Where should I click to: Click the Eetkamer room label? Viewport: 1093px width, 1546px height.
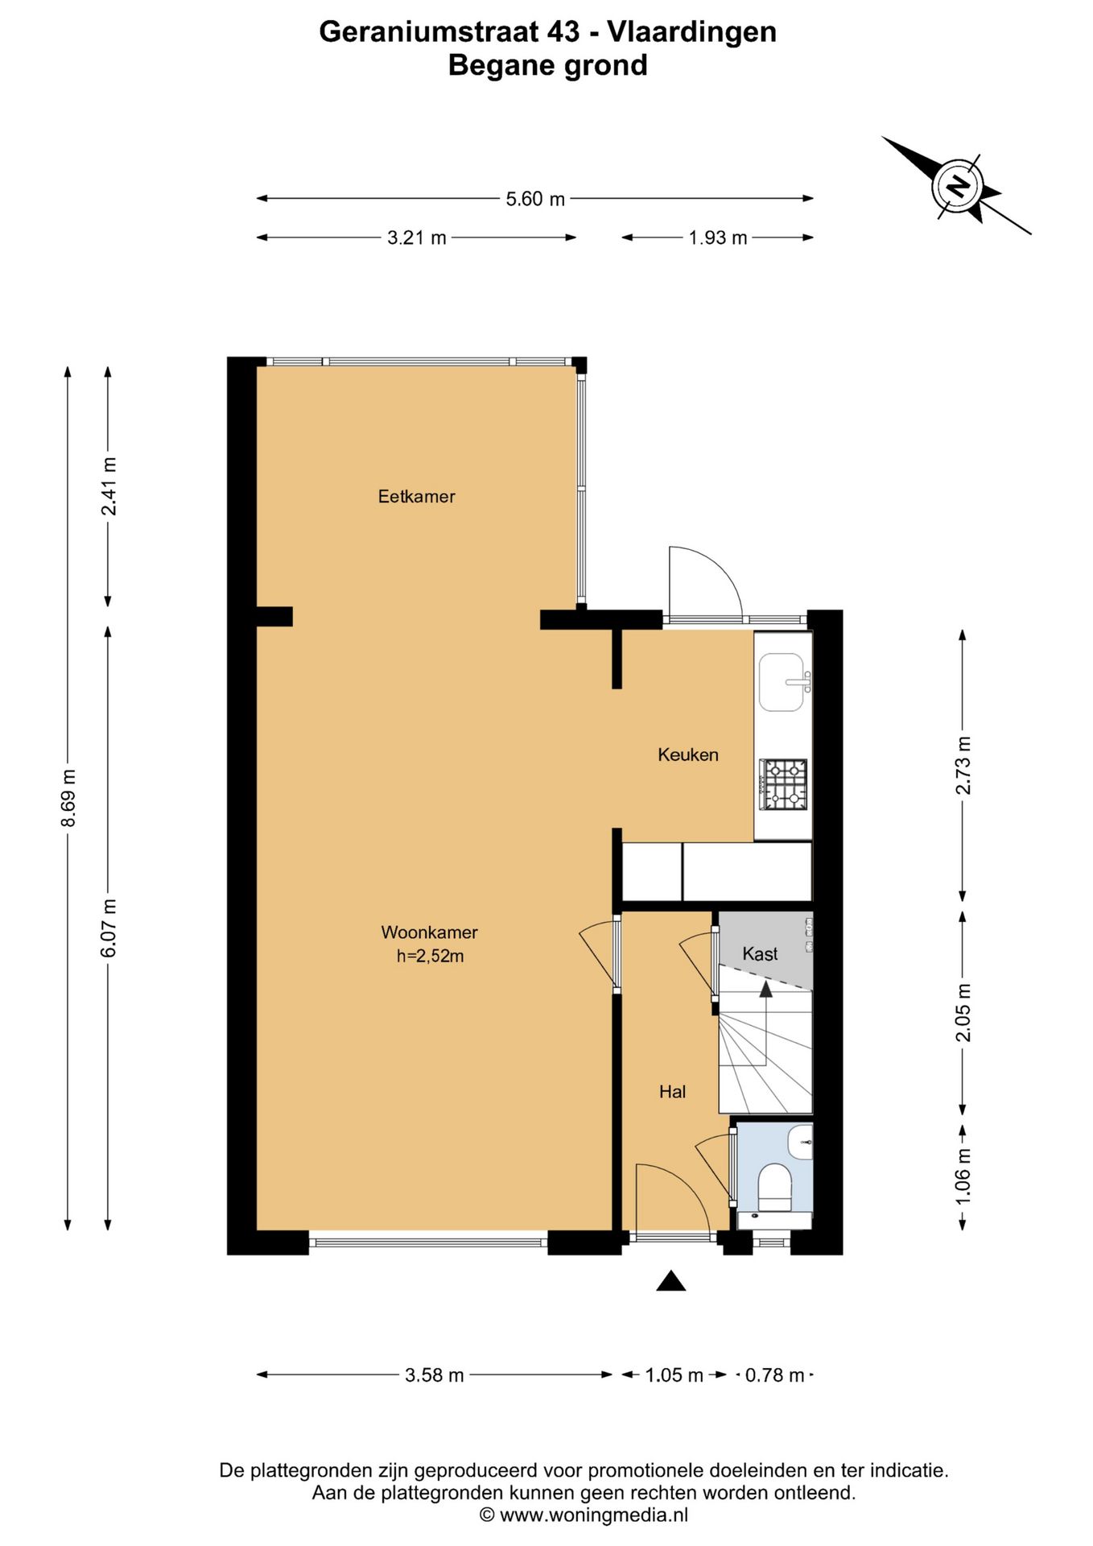(416, 497)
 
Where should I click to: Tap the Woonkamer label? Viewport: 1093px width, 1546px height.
(429, 932)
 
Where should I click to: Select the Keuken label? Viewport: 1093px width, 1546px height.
(688, 754)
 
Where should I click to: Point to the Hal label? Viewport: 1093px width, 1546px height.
(672, 1092)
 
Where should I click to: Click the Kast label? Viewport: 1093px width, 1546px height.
(760, 954)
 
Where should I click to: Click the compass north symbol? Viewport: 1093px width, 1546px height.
(958, 186)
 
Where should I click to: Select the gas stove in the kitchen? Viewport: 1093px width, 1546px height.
(783, 784)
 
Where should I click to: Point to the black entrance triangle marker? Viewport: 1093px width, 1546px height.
(670, 1281)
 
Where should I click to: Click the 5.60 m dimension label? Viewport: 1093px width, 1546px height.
(535, 199)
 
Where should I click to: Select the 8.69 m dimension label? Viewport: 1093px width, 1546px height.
(68, 798)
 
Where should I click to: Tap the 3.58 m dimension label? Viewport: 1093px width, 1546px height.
(435, 1375)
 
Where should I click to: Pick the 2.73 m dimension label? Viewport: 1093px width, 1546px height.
(963, 766)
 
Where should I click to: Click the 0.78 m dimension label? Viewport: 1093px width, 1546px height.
(774, 1375)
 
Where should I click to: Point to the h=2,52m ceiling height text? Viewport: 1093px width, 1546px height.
(430, 957)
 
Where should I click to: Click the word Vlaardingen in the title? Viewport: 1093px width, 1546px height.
(691, 31)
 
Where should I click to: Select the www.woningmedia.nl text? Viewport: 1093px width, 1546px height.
(593, 1515)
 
